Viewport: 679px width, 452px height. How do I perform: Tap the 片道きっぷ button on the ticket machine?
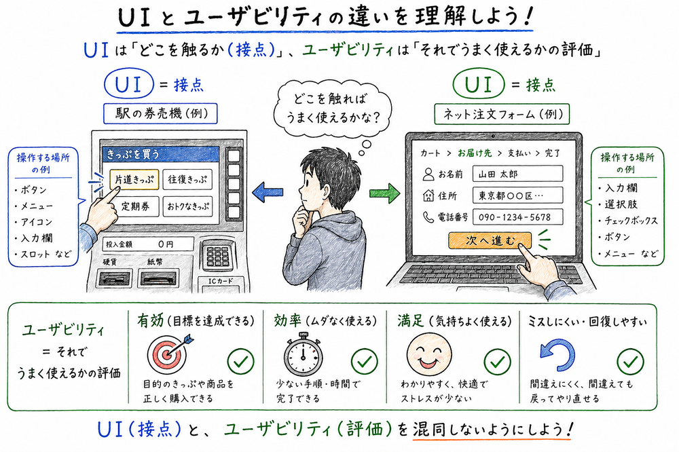[x=134, y=180]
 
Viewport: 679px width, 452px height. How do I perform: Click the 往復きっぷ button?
[x=187, y=180]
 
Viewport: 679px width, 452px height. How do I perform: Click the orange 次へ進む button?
[x=490, y=240]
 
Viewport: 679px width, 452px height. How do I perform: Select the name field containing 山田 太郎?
[x=517, y=174]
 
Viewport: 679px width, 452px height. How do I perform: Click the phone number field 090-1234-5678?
[x=517, y=218]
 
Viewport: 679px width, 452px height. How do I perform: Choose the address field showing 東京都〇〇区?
[x=517, y=195]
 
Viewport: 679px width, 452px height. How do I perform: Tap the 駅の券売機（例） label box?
[x=160, y=113]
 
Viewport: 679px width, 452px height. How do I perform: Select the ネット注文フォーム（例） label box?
[x=502, y=113]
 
